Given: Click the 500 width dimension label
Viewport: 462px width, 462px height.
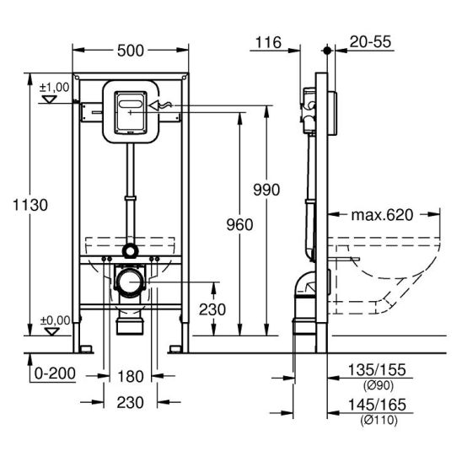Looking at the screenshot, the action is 130,51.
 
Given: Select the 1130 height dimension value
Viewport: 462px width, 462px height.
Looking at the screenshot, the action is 30,205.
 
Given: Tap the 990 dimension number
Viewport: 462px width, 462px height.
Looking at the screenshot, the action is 266,190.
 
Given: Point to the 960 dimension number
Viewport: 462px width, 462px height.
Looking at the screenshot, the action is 239,225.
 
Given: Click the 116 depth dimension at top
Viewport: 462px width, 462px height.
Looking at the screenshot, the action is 268,42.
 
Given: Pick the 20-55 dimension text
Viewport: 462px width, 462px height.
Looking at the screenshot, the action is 370,41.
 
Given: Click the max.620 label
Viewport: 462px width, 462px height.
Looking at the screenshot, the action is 382,215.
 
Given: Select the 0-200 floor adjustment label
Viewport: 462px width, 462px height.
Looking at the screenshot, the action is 55,373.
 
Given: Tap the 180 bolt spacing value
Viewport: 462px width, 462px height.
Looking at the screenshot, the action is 130,377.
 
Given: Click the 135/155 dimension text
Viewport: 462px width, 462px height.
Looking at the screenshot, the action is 377,370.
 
